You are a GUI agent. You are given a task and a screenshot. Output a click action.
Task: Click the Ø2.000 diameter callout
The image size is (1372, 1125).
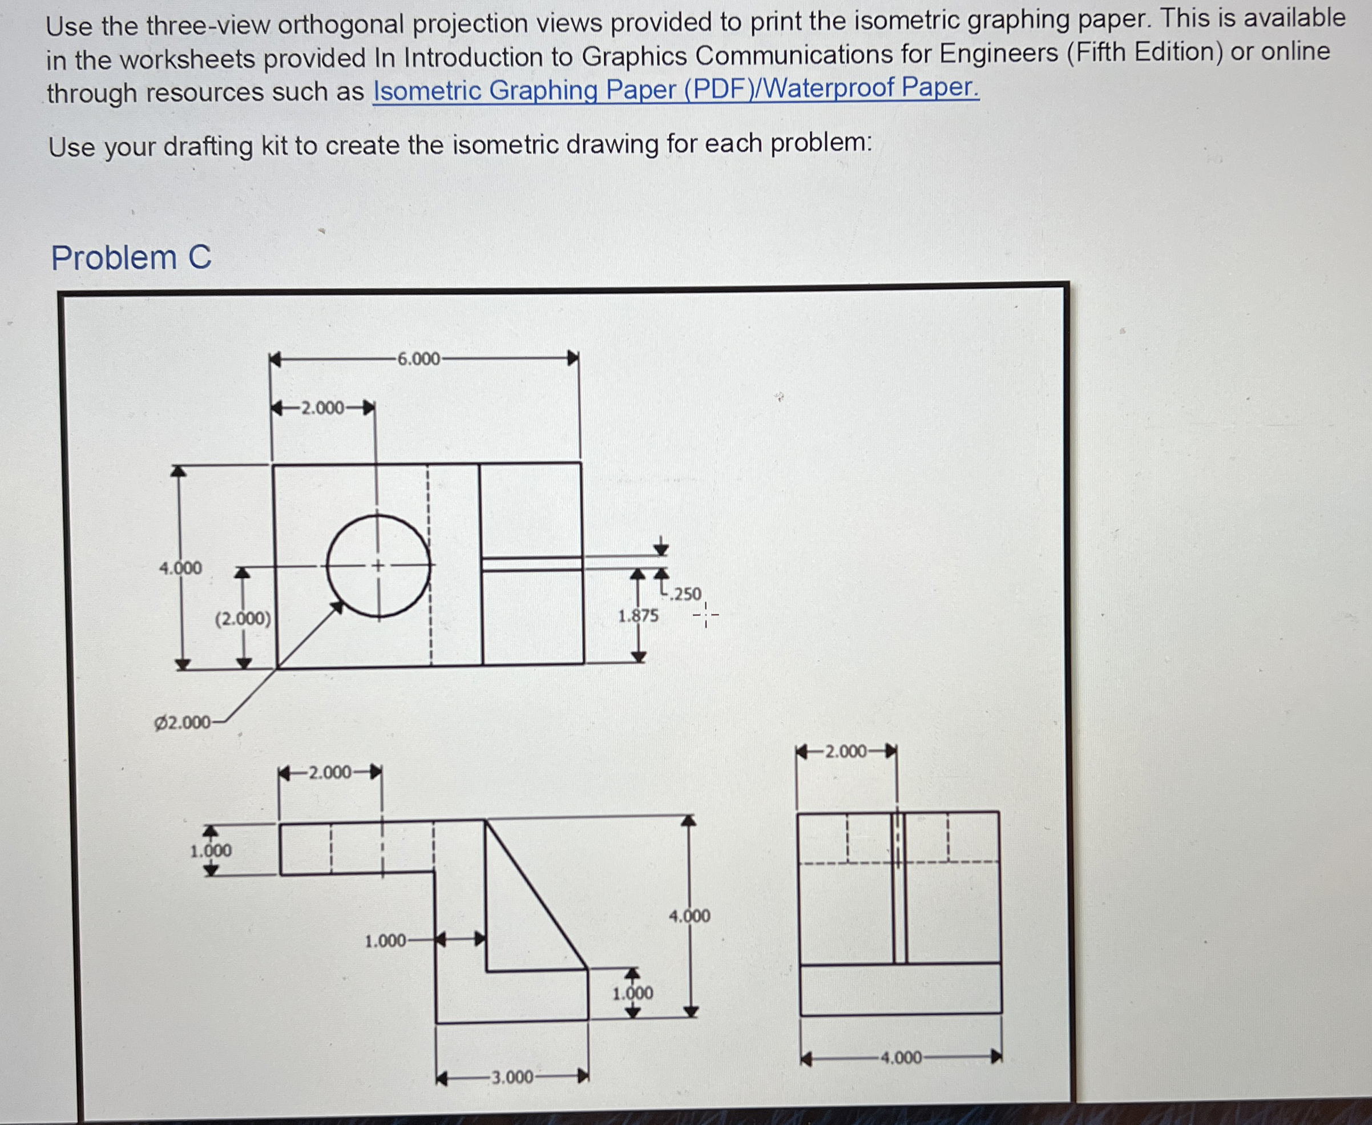click(x=182, y=723)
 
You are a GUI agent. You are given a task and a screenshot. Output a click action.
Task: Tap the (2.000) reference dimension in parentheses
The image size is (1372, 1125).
click(x=243, y=619)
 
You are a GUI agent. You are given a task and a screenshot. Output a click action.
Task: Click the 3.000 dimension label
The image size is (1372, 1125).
click(x=512, y=1078)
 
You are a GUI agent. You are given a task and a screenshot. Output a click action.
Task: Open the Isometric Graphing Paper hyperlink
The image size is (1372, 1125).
click(x=676, y=90)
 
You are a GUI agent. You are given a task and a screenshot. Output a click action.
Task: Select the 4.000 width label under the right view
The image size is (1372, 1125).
click(x=901, y=1058)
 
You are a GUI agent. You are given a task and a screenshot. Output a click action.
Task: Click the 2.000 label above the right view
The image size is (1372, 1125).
click(x=845, y=752)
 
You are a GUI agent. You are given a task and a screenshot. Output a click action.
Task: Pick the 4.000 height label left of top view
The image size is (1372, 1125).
click(x=181, y=568)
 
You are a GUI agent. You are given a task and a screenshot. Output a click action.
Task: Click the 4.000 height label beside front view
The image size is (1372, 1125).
click(x=689, y=916)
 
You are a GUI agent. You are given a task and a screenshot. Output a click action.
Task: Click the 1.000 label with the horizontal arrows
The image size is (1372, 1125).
click(x=385, y=941)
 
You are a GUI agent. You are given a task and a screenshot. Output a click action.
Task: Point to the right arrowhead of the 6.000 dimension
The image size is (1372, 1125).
click(x=573, y=358)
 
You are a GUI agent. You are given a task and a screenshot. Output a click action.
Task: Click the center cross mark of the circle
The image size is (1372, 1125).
click(x=378, y=566)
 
